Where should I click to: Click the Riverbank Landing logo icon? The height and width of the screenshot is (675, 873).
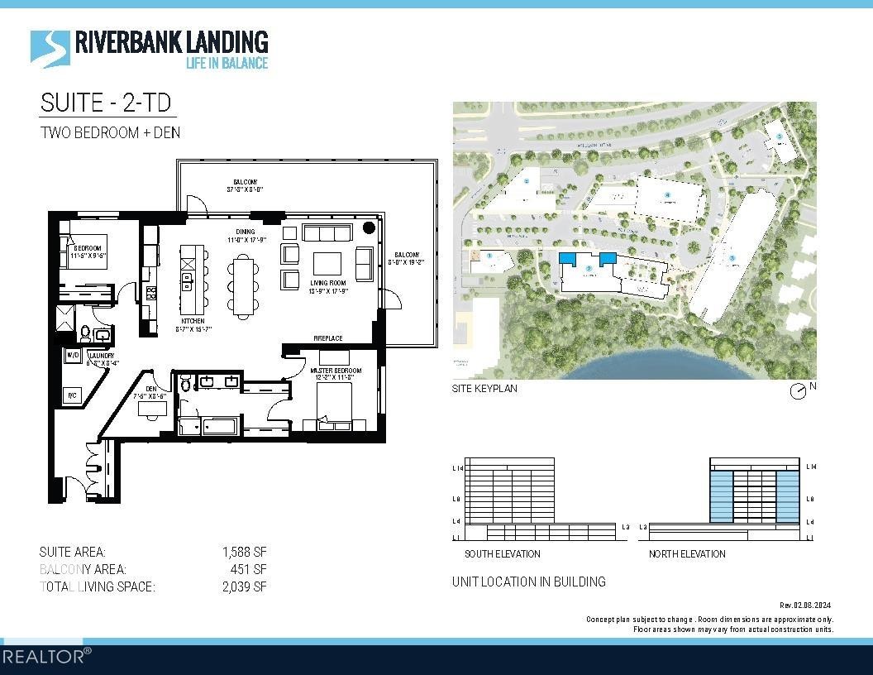point(50,47)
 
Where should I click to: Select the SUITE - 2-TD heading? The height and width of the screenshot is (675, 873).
point(107,103)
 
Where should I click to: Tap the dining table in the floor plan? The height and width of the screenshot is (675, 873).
point(244,285)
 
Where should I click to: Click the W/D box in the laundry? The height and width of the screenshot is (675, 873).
point(73,357)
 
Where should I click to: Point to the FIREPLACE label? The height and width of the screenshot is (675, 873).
point(328,338)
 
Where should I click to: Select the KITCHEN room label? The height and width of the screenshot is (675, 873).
point(193,322)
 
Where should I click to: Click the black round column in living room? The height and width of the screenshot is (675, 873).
point(369,227)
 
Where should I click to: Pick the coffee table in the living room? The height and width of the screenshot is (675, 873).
point(326,263)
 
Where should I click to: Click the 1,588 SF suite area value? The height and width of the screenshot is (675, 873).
point(244,552)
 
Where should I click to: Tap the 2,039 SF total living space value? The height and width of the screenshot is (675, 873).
point(244,586)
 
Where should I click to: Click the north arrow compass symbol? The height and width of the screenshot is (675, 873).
point(798,391)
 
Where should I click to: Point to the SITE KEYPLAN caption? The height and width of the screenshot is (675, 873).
point(484,388)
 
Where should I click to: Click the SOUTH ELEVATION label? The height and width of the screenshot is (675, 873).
point(502,553)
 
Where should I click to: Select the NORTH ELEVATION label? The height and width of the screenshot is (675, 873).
point(686,553)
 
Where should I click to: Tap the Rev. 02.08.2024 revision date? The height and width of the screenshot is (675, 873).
point(806,606)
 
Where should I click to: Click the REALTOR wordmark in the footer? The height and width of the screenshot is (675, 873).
point(45,657)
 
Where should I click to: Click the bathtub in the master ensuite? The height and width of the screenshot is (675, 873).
point(208,427)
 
